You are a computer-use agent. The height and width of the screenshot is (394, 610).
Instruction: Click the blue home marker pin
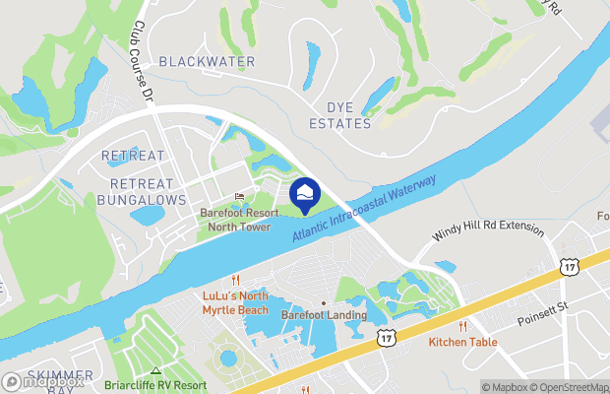pyautogui.click(x=305, y=194)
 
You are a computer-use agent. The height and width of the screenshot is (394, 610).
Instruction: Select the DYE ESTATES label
pyautogui.click(x=340, y=115)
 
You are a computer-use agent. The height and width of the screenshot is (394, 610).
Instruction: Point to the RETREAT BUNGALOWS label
pyautogui.click(x=142, y=191)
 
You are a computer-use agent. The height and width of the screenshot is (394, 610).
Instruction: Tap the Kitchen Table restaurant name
pyautogui.click(x=462, y=343)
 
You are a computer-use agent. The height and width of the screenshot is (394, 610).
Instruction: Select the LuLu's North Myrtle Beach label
pyautogui.click(x=235, y=302)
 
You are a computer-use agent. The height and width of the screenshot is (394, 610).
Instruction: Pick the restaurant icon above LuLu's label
pyautogui.click(x=235, y=281)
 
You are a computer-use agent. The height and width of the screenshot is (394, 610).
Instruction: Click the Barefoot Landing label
pyautogui.click(x=324, y=315)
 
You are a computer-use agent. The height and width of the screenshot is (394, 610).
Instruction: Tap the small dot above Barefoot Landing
pyautogui.click(x=324, y=302)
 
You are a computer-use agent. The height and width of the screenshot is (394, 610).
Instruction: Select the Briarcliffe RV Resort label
pyautogui.click(x=156, y=385)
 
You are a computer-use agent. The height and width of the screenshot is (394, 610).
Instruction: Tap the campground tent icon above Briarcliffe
pyautogui.click(x=155, y=370)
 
